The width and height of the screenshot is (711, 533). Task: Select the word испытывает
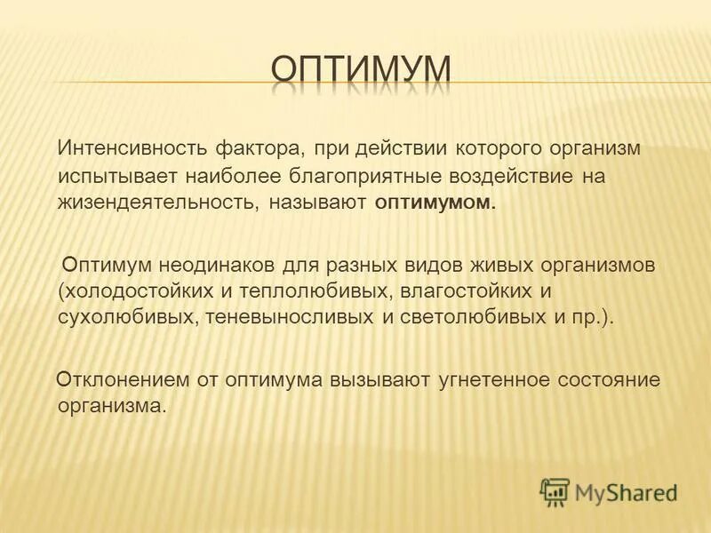click(108, 175)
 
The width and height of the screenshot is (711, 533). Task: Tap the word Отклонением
click(118, 380)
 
